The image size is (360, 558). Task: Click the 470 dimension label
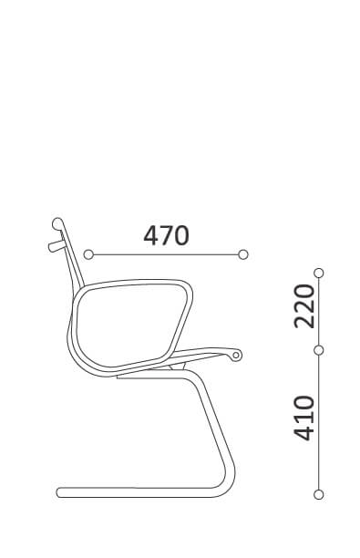coord(166,235)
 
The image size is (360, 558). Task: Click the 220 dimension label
coord(304,306)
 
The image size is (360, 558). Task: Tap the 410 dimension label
coord(304,418)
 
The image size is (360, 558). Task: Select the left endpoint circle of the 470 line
coord(88,254)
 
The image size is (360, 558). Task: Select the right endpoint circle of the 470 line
coord(243,254)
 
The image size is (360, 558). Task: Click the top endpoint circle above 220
coord(319,273)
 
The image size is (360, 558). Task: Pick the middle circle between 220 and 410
coord(319,350)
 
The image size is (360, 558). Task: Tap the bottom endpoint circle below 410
coord(319,495)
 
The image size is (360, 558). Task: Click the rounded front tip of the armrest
coord(236,356)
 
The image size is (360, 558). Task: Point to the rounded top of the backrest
coord(57,224)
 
